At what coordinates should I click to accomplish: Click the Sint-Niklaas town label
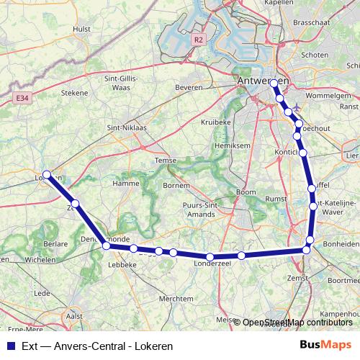[x=126, y=127]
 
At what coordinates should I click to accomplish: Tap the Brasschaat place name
[x=310, y=22]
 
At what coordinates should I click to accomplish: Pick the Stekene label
[x=74, y=92]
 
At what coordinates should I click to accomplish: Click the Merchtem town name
[x=176, y=298]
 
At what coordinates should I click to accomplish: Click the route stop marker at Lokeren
[x=47, y=174]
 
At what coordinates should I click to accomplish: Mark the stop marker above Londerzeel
[x=210, y=257]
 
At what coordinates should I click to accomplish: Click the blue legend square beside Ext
[x=10, y=346]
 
